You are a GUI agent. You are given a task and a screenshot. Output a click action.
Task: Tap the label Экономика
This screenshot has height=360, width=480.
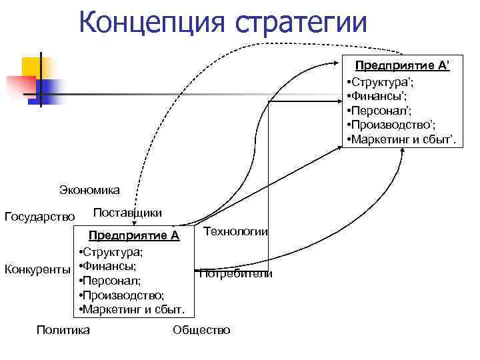point(90,190)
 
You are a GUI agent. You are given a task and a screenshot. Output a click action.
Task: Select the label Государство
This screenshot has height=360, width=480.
point(39,216)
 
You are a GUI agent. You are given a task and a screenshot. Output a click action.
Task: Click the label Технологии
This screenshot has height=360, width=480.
point(235,231)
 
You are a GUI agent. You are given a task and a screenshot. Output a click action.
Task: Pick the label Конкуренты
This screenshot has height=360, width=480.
point(37,269)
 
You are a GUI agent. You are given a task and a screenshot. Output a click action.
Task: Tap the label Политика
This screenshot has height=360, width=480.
point(63,329)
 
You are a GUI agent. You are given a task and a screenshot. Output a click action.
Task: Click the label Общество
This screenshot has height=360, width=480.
point(201,329)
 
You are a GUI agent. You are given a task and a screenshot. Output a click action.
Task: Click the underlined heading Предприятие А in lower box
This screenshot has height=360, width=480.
point(135,235)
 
